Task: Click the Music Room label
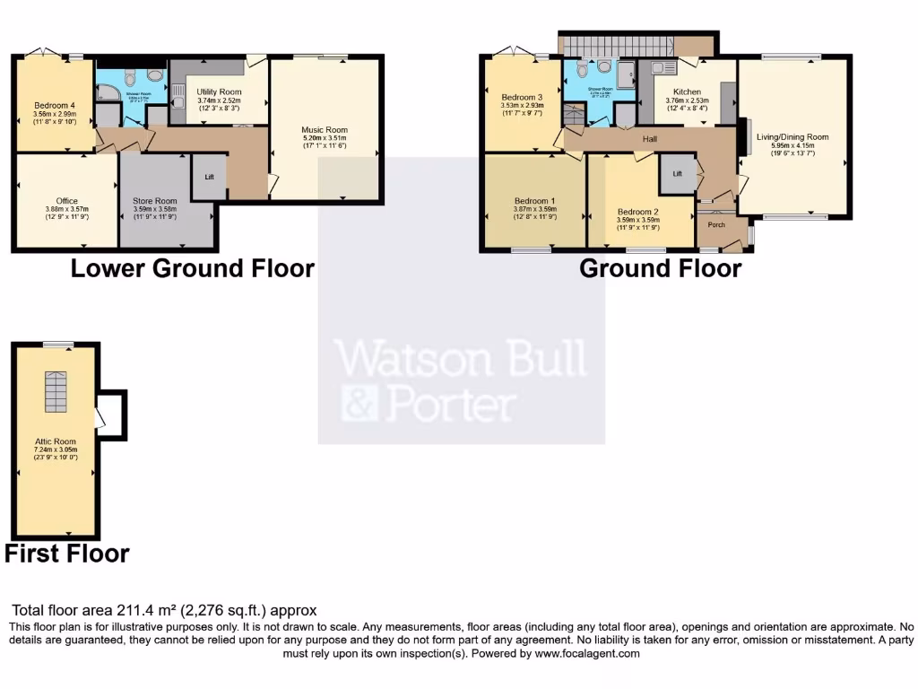(324, 130)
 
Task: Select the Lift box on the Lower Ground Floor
(209, 178)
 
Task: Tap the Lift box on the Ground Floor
(678, 173)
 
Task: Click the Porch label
(716, 224)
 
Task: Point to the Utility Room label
(220, 92)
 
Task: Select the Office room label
(67, 200)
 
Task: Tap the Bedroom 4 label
(55, 104)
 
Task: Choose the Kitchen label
(688, 92)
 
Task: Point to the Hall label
(650, 139)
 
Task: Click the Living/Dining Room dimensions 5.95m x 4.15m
(792, 146)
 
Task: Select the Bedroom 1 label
(533, 200)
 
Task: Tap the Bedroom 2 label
(638, 213)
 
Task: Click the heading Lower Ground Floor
(192, 267)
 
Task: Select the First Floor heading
(67, 554)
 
